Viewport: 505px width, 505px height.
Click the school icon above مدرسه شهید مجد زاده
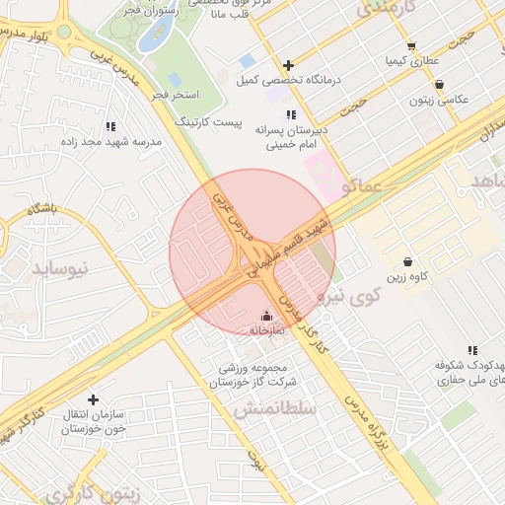tap(109, 126)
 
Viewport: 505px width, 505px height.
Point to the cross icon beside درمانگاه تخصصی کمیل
tap(288, 65)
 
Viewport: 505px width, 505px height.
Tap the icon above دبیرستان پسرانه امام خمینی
tap(291, 115)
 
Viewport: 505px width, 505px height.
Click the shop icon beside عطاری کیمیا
tap(411, 45)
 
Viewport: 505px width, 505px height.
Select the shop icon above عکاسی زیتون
tap(438, 85)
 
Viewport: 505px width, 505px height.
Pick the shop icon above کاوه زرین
tap(407, 261)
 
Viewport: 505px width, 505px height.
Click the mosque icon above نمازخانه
tap(266, 316)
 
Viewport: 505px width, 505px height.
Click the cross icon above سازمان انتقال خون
tap(94, 399)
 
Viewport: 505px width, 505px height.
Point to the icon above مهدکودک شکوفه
tap(472, 350)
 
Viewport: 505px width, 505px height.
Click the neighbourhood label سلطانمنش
tap(273, 408)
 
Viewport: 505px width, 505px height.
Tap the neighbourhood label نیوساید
tap(60, 267)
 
